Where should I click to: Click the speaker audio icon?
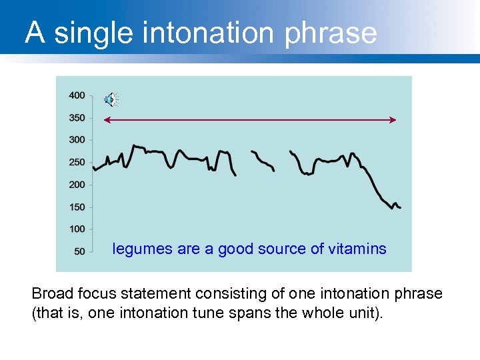tap(111, 100)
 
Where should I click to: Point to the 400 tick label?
tap(77, 95)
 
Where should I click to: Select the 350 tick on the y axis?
tap(77, 118)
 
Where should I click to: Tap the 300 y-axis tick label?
tap(77, 140)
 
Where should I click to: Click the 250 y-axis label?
tap(77, 162)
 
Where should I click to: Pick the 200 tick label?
tap(77, 185)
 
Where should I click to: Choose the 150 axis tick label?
tap(77, 207)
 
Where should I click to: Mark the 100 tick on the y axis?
tap(77, 229)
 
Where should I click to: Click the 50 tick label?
tap(79, 251)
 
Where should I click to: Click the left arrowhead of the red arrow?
tap(105, 120)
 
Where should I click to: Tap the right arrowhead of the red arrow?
tap(394, 120)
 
